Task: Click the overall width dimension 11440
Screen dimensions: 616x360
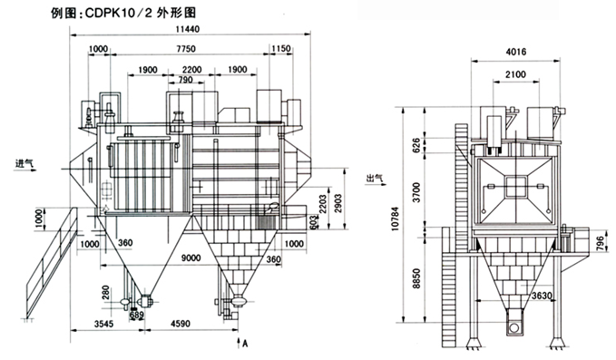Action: [x=188, y=29]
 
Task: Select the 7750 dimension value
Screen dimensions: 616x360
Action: [x=186, y=49]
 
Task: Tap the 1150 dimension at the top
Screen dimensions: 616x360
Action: [x=281, y=49]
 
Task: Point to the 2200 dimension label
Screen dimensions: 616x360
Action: [x=191, y=70]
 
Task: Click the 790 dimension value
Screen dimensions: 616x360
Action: [x=185, y=80]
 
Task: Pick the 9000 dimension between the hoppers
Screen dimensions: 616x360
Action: [x=191, y=258]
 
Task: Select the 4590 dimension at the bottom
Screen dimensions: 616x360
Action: [x=181, y=324]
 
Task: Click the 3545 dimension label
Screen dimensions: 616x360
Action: [x=103, y=324]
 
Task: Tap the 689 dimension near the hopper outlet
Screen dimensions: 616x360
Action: [x=137, y=315]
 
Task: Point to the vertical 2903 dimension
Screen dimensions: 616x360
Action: [x=337, y=204]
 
